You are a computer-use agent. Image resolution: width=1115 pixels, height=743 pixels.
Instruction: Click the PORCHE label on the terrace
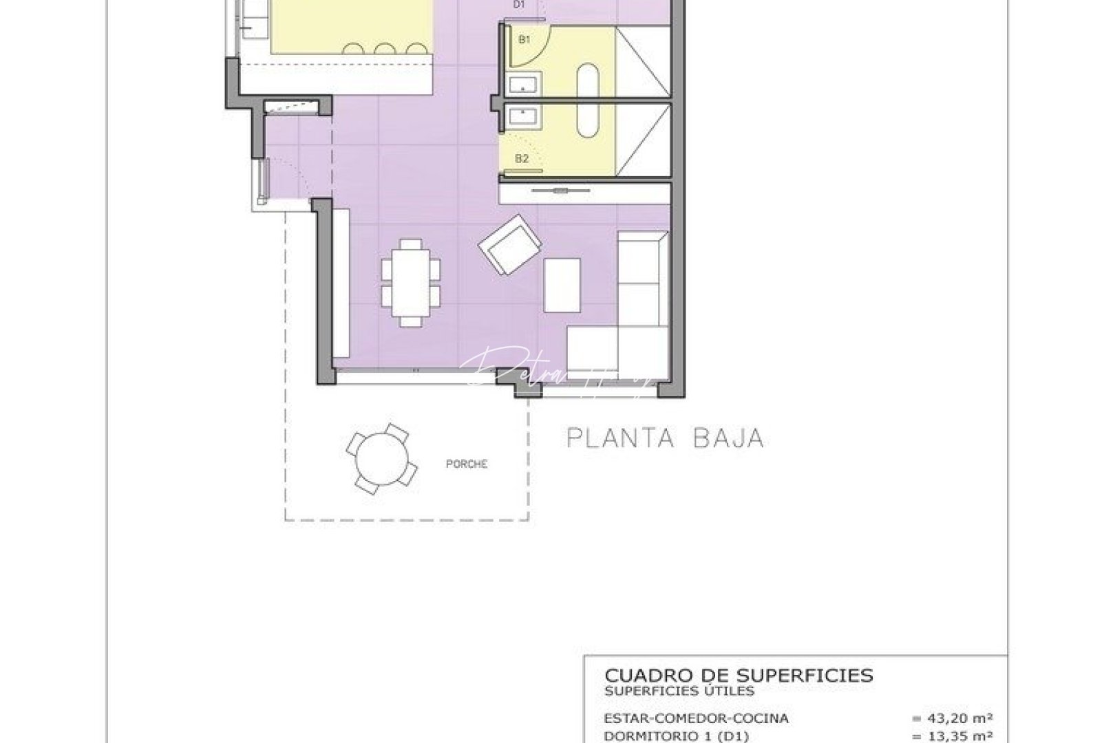pos(467,464)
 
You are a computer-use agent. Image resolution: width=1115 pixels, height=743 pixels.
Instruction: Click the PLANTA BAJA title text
pos(665,438)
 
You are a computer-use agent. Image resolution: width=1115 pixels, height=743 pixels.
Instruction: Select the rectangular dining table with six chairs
pos(411,282)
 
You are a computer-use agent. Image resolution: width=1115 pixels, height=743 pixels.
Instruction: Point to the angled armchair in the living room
pos(510,244)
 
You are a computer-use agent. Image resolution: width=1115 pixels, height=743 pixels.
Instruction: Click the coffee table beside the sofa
pos(562,284)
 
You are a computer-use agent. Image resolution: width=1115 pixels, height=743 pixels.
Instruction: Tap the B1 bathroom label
pos(524,40)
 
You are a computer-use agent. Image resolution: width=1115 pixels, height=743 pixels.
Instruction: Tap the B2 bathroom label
pos(522,159)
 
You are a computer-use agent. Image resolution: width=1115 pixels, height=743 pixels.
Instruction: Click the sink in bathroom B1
pos(524,86)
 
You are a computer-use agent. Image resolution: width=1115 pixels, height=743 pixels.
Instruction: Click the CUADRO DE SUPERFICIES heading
pos(739,675)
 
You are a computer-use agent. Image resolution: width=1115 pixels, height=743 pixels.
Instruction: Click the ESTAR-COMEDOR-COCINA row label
pos(696,718)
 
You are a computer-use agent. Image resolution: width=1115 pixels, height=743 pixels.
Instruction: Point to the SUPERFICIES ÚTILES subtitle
pos(679,691)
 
